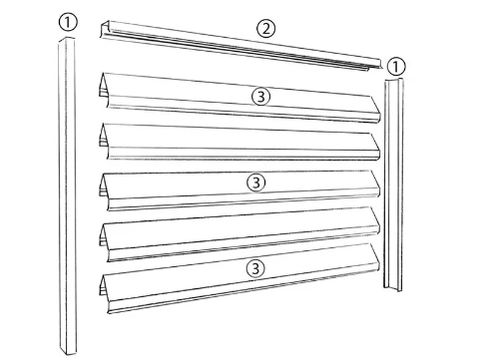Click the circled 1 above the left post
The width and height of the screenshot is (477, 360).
click(x=68, y=22)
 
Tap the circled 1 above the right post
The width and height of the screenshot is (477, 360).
click(x=395, y=67)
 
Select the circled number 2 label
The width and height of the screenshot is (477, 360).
click(x=265, y=29)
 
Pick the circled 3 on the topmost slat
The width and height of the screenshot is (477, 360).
click(x=261, y=97)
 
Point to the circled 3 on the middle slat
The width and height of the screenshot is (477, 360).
click(x=256, y=182)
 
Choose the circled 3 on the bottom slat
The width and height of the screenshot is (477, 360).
click(x=255, y=268)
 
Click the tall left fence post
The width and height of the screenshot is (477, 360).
click(x=67, y=196)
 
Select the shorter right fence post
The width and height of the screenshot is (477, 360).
click(x=393, y=184)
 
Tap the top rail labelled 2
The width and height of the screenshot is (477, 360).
click(x=240, y=46)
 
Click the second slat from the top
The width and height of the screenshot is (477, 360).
click(x=239, y=142)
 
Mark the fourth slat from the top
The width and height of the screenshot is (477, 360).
click(x=239, y=234)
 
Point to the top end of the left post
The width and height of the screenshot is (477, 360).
click(x=67, y=40)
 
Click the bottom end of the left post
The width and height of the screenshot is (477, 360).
click(x=68, y=352)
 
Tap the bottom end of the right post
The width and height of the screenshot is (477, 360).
click(x=393, y=288)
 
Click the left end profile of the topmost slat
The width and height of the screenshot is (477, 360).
click(x=104, y=90)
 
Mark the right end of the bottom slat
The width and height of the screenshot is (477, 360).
click(x=375, y=258)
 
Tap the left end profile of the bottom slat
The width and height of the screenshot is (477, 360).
click(x=104, y=292)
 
